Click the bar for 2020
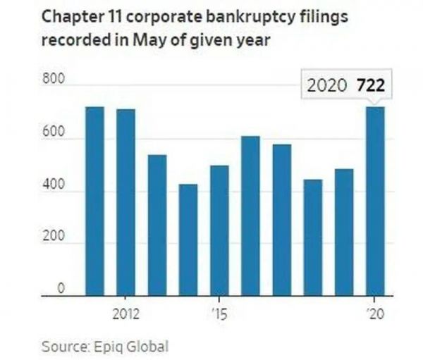(375, 201)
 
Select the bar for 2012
(125, 202)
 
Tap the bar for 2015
(219, 230)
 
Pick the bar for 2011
(94, 201)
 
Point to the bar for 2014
(188, 240)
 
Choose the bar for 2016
(250, 216)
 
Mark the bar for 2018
(313, 237)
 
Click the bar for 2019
(344, 232)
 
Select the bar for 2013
(157, 225)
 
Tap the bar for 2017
(282, 220)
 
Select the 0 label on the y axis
(61, 288)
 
